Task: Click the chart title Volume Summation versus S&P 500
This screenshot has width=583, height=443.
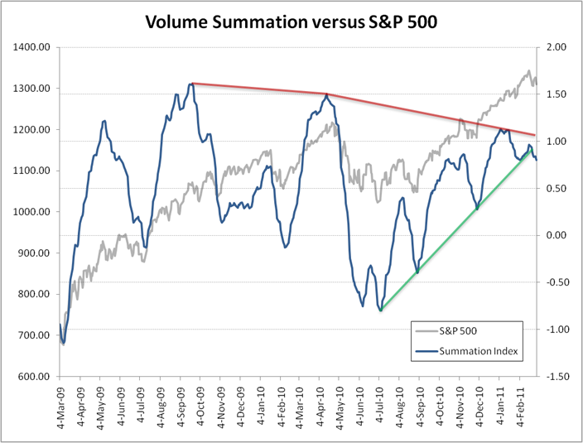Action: point(291,21)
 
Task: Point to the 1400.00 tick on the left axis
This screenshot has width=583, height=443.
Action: point(31,47)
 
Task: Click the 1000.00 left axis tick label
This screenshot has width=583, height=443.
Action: point(31,212)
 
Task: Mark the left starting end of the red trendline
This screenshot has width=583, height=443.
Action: point(192,83)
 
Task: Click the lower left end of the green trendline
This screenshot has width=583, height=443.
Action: point(381,311)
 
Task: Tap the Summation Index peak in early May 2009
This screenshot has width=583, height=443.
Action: point(104,121)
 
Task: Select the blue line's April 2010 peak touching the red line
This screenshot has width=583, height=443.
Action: point(327,94)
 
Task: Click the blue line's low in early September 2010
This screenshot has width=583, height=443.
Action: point(417,272)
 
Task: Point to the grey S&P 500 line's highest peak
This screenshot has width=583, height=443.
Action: point(529,70)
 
